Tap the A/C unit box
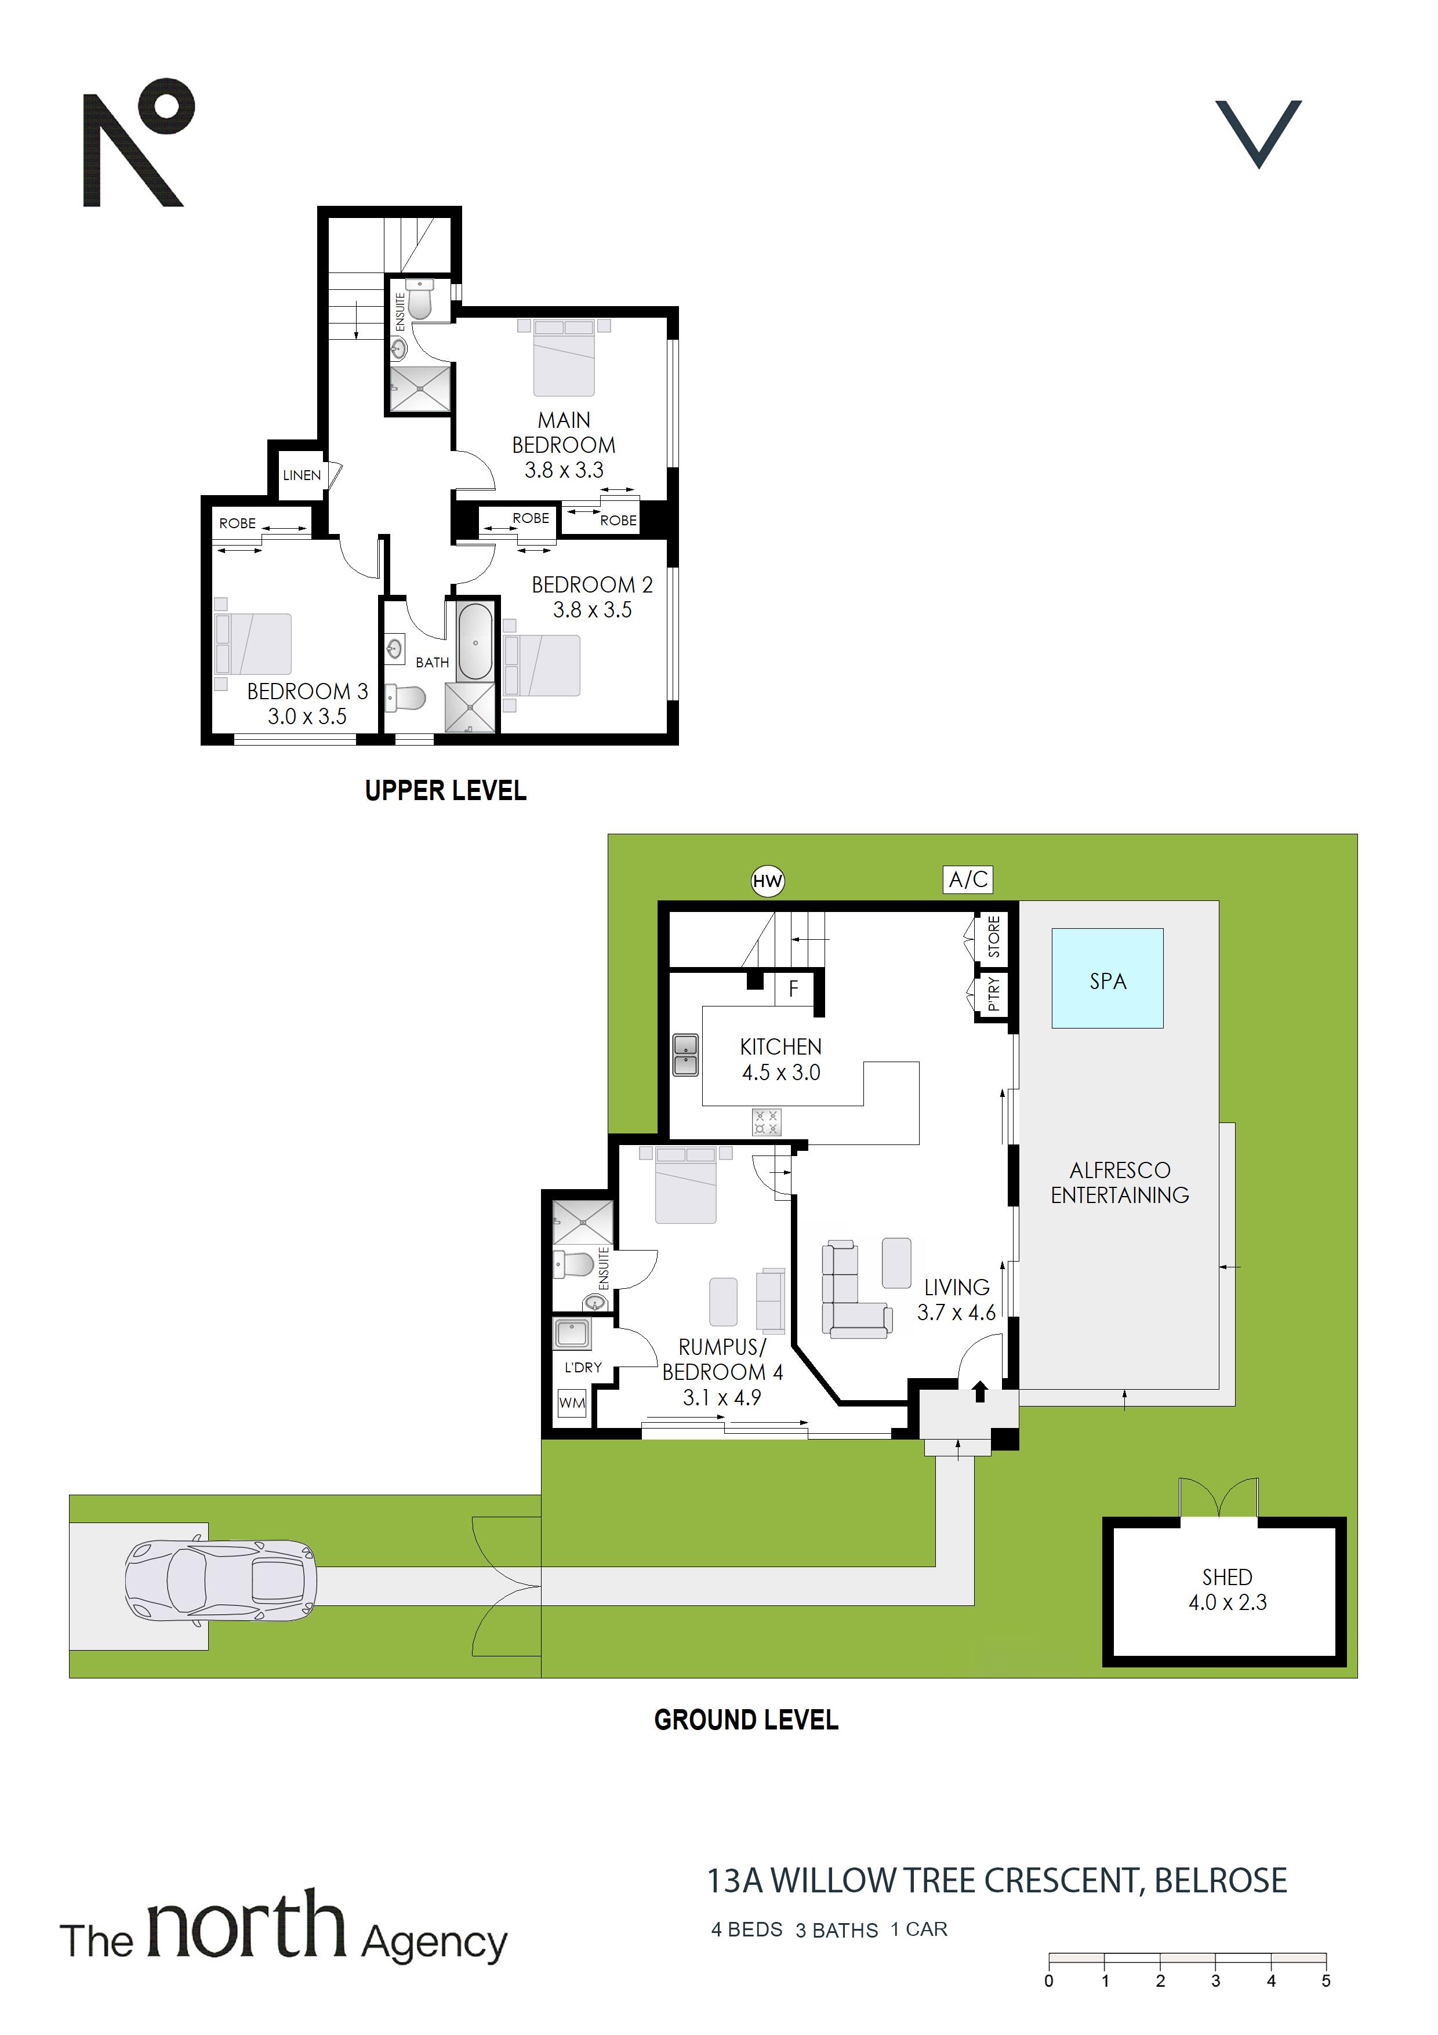coord(968,880)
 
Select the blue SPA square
coord(1107,979)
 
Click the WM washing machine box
coord(572,1402)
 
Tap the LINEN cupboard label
coord(302,475)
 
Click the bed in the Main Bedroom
coord(564,357)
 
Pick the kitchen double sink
coord(685,1055)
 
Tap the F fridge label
coord(793,989)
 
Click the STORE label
coord(994,937)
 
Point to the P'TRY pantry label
coord(994,994)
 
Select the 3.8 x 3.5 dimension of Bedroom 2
coord(592,610)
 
